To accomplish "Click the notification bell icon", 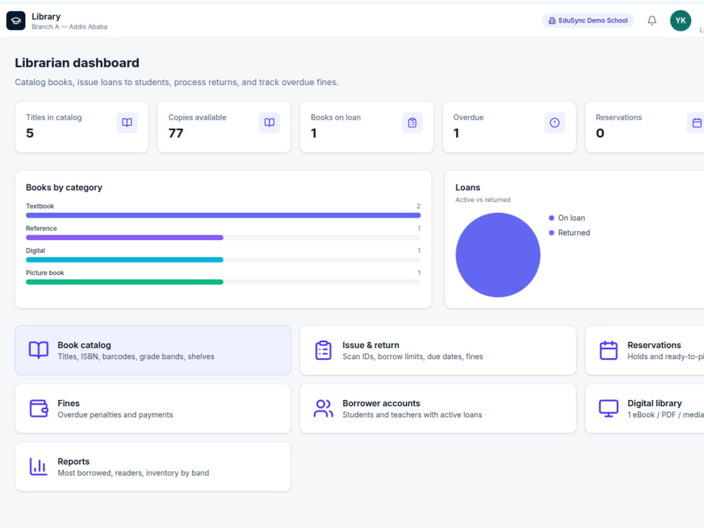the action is point(652,20).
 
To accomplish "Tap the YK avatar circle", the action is point(680,20).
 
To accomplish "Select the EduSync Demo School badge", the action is point(588,20).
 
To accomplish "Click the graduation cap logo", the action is point(15,20).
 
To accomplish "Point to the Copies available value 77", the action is point(175,133).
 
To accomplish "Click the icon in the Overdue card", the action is point(555,122).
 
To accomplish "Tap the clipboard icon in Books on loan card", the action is point(412,122).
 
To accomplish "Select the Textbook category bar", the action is point(223,215).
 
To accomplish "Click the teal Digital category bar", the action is point(125,260).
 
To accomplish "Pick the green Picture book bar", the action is point(125,282).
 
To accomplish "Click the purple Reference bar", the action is point(125,237).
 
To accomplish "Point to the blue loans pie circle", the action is point(498,255).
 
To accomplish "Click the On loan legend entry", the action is point(567,218).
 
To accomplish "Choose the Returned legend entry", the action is point(570,232).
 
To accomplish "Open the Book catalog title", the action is point(84,345).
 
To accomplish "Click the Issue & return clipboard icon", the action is point(323,350).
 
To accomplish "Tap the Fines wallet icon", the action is point(39,408).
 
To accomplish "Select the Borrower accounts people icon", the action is point(323,408).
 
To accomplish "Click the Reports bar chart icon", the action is point(39,467).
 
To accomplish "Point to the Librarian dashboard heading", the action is point(77,63).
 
